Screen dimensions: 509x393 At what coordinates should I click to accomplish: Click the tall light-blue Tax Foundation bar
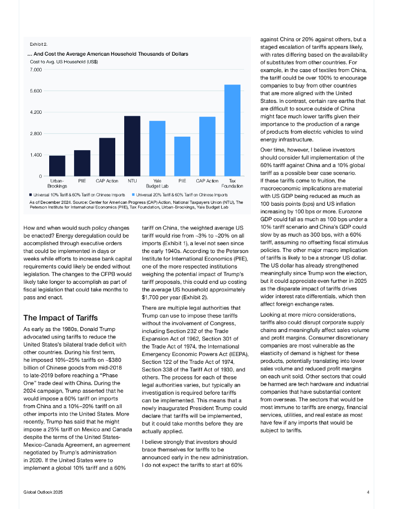(x=232, y=130)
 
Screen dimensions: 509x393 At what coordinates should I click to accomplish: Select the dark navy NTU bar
(x=132, y=146)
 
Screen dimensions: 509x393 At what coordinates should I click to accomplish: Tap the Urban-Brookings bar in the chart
(x=57, y=166)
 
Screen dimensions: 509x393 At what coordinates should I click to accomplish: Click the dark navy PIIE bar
(x=82, y=163)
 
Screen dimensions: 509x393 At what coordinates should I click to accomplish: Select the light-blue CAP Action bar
(x=207, y=146)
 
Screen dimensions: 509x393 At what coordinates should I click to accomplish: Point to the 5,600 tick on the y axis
(x=35, y=91)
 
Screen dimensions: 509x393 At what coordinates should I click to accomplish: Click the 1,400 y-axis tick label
(x=35, y=155)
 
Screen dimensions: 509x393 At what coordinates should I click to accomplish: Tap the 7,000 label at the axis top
(x=35, y=70)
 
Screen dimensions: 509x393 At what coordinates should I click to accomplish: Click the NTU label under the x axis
(x=132, y=181)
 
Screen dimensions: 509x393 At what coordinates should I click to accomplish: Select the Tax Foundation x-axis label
(x=232, y=183)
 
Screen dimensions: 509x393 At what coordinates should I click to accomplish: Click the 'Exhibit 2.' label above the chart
(x=38, y=45)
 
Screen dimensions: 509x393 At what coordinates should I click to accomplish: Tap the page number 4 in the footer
(x=368, y=492)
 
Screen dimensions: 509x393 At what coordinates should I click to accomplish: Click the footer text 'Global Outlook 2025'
(x=44, y=492)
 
